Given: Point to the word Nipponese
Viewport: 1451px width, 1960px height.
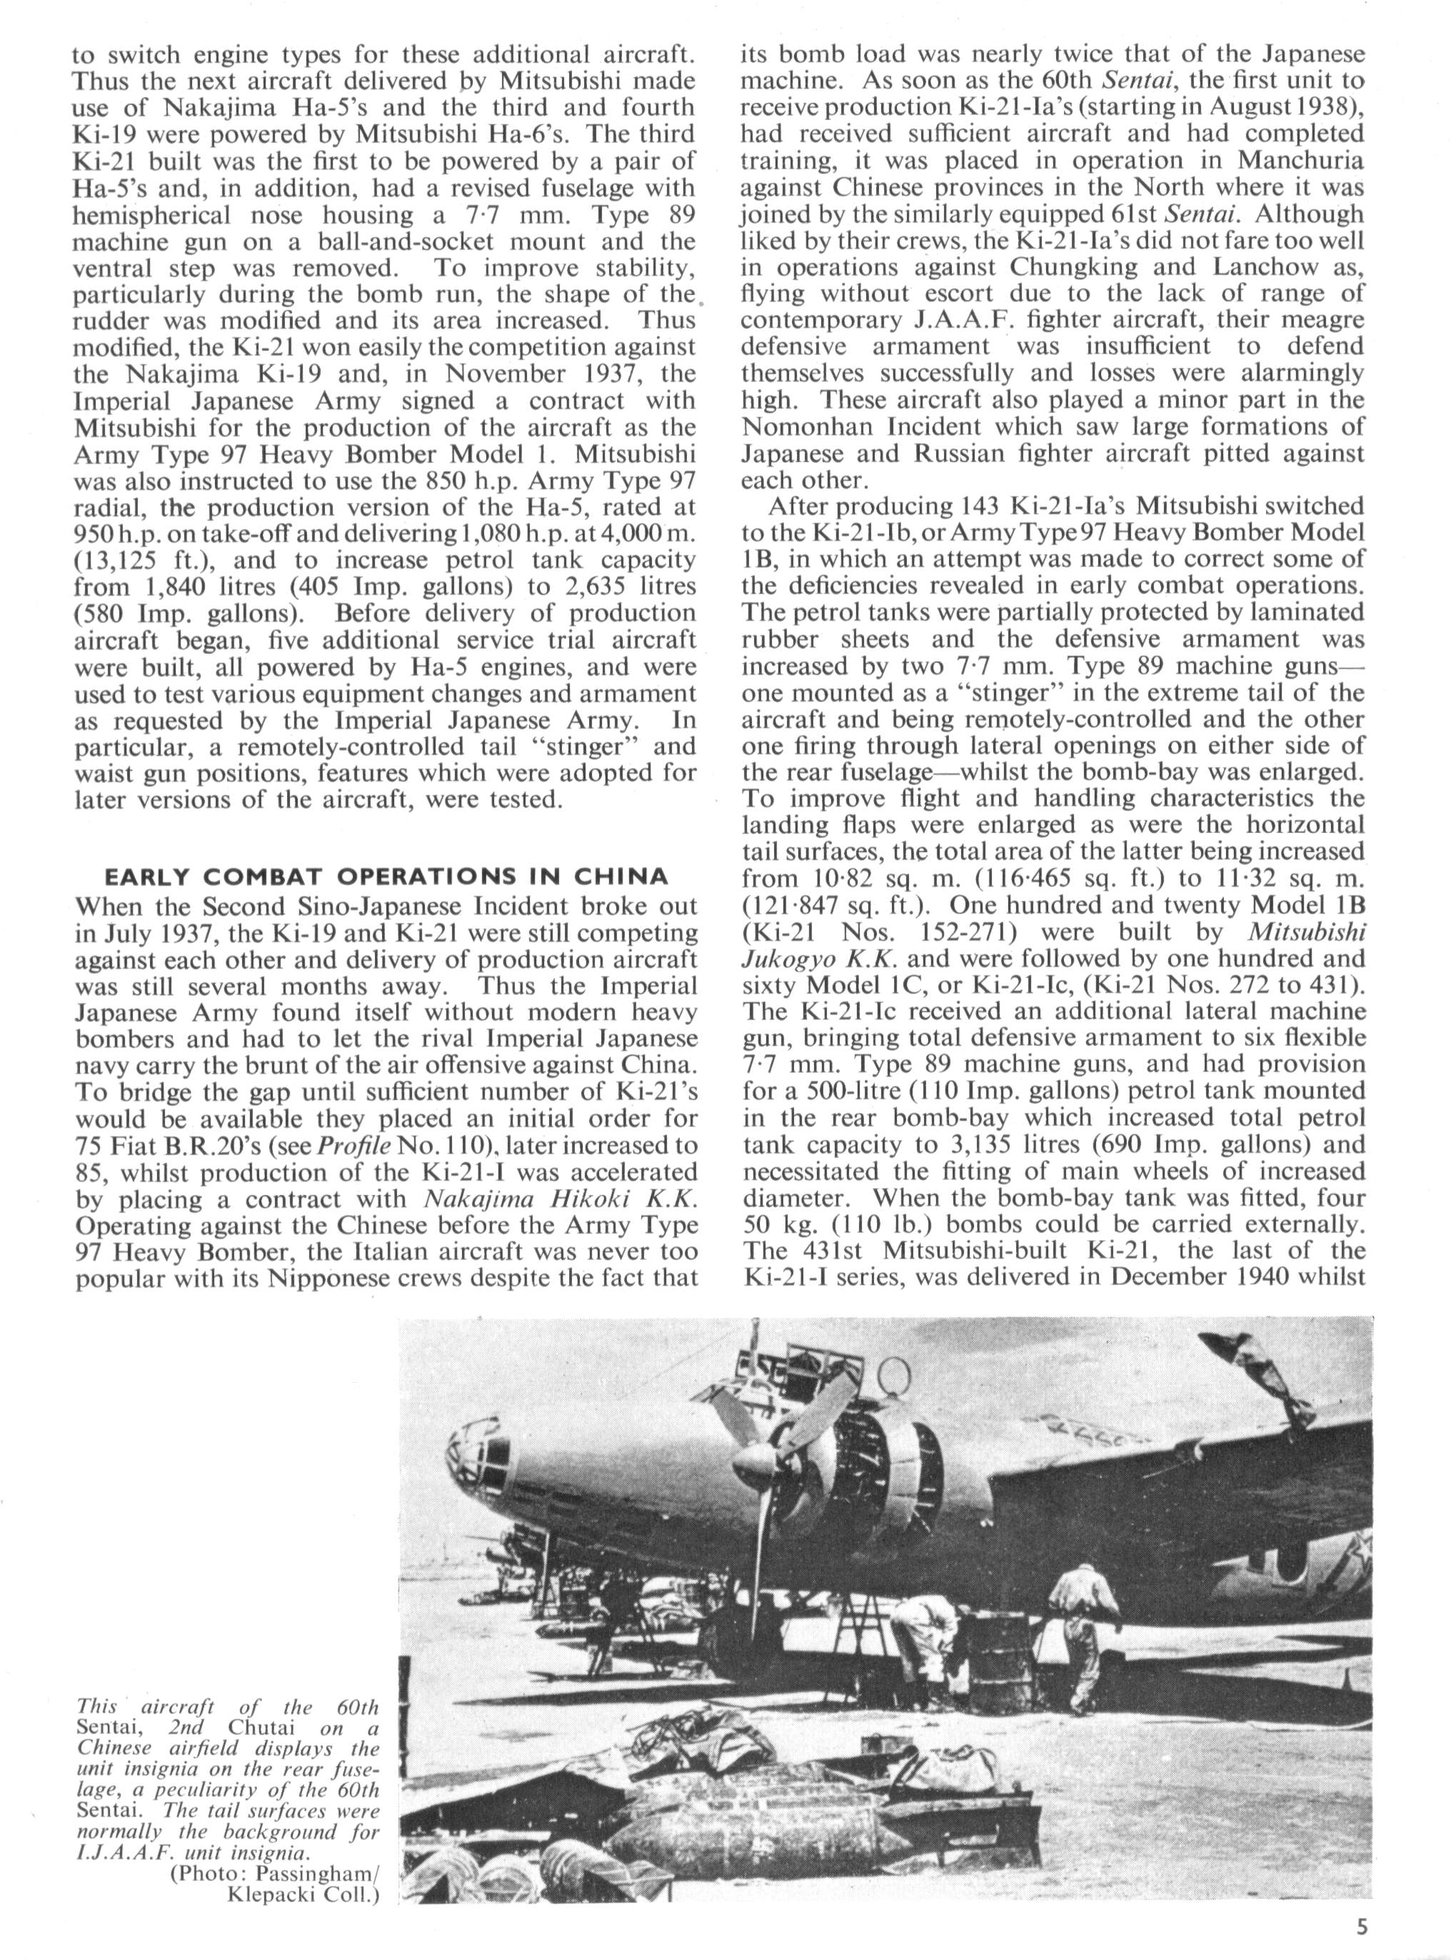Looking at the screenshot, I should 356,1279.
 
